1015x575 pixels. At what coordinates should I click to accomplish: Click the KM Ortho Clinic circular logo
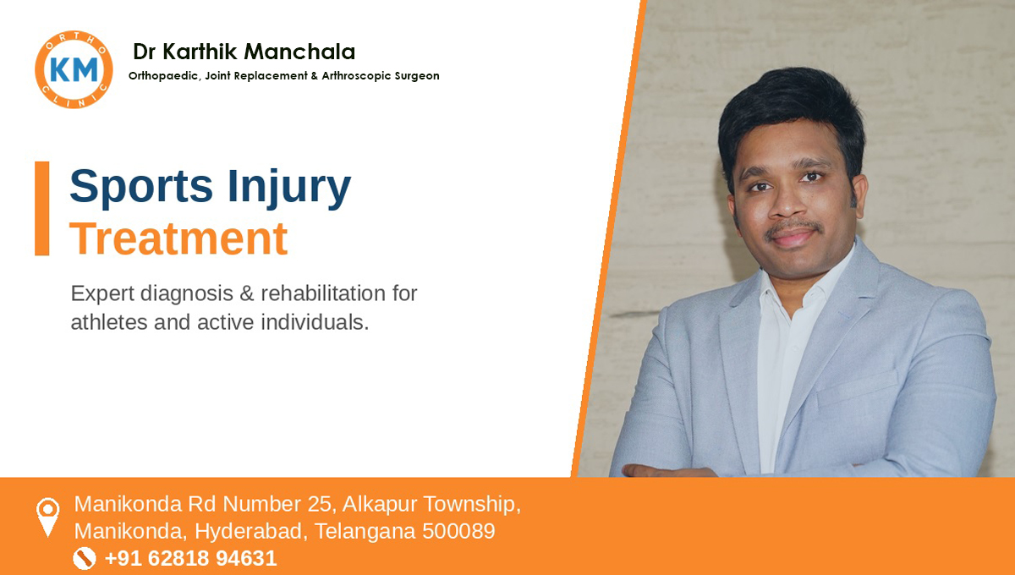point(74,69)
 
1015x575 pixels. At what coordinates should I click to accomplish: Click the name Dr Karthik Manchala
point(244,52)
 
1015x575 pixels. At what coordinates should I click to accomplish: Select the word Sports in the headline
point(141,186)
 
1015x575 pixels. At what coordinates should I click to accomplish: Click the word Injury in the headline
point(289,188)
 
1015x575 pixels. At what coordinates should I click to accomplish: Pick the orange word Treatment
point(178,238)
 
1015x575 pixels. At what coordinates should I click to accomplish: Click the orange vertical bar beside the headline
point(42,208)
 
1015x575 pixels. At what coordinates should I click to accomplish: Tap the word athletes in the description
point(109,322)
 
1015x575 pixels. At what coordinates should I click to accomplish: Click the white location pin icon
point(47,517)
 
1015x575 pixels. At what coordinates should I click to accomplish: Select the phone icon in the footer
point(85,558)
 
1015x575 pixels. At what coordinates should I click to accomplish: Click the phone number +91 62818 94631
point(191,558)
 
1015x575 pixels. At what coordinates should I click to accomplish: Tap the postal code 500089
point(458,531)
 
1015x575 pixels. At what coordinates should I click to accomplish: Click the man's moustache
point(794,227)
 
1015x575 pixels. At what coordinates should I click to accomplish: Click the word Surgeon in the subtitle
point(417,75)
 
